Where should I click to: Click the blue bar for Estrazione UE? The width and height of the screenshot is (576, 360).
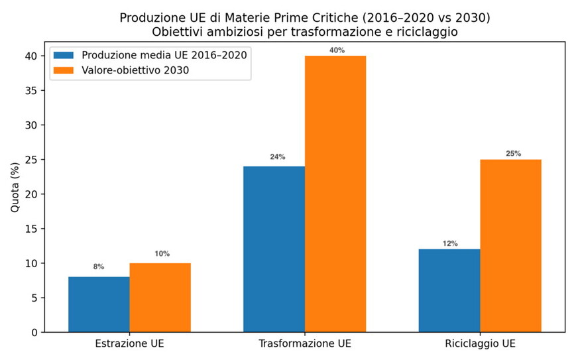point(99,304)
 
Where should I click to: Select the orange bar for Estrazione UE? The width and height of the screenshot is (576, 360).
point(160,298)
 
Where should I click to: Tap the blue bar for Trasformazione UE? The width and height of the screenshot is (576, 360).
point(274,249)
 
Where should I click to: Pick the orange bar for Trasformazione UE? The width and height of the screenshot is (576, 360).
point(335,194)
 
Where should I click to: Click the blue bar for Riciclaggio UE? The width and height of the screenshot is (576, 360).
point(449,290)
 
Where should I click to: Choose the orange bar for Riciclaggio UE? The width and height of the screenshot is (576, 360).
point(511,245)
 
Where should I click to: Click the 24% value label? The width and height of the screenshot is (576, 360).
point(277,157)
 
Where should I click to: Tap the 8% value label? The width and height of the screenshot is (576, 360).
point(99,267)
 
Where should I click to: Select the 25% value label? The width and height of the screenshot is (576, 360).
point(513,154)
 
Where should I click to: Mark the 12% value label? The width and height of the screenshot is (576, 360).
point(450,243)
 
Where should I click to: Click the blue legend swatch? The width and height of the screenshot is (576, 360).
point(64,55)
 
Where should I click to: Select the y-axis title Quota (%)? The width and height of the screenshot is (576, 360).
point(15,187)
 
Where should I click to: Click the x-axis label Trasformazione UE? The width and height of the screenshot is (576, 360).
point(305,345)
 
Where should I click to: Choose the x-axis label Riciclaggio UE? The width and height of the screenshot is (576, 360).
point(480,345)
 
